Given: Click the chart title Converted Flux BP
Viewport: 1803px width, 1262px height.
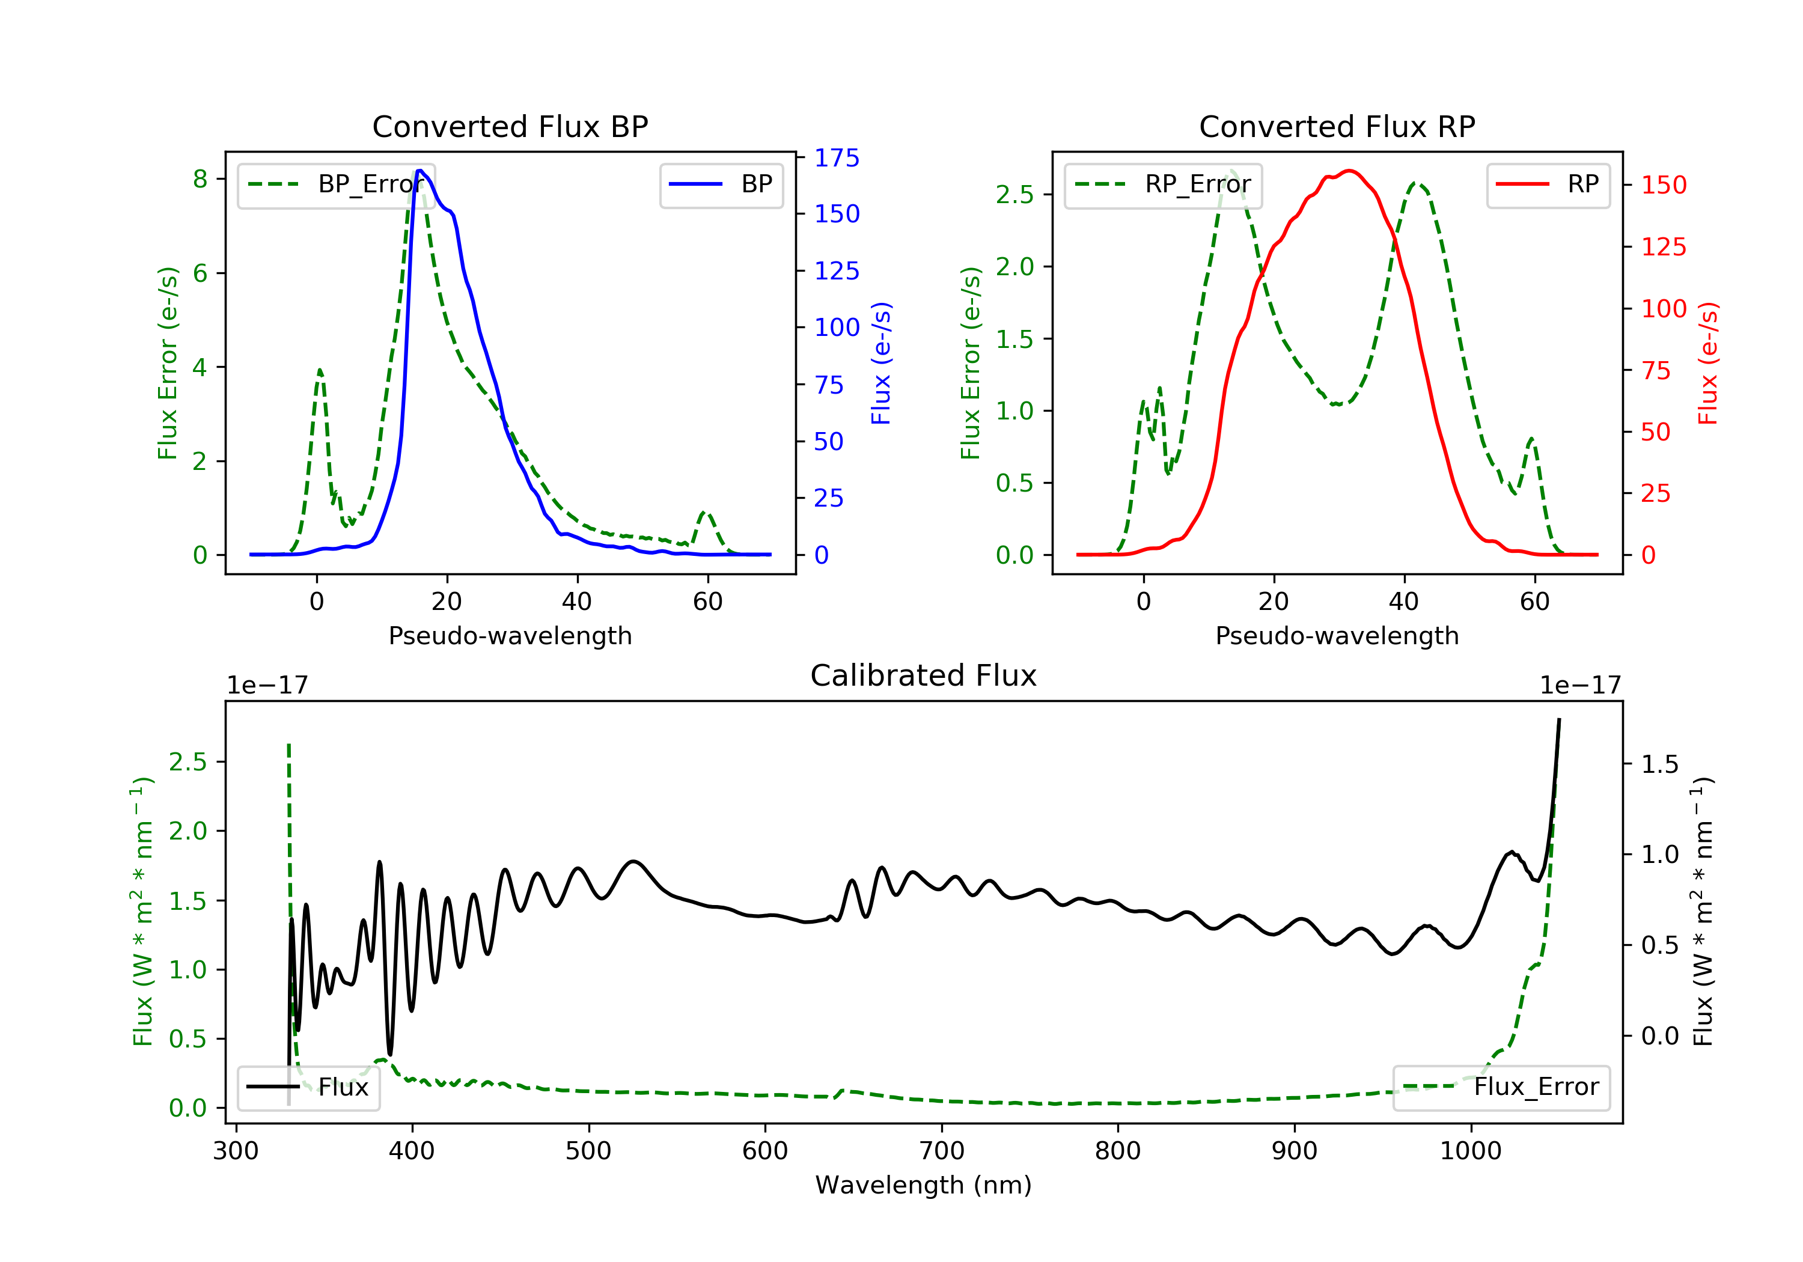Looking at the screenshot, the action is pyautogui.click(x=510, y=126).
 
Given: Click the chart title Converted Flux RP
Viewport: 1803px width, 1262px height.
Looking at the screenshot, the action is pyautogui.click(x=1337, y=126).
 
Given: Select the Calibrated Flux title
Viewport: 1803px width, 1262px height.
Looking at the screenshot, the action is pyautogui.click(x=924, y=675).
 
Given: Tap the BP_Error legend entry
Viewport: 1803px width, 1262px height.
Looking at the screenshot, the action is pyautogui.click(x=336, y=184).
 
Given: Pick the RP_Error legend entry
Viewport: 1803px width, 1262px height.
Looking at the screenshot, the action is pyautogui.click(x=1163, y=184).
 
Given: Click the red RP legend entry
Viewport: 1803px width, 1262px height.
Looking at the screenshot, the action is pyautogui.click(x=1548, y=184).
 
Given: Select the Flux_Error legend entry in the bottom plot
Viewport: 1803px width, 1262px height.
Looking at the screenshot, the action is pyautogui.click(x=1501, y=1087).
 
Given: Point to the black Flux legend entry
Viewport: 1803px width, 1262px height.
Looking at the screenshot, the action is pyautogui.click(x=308, y=1087).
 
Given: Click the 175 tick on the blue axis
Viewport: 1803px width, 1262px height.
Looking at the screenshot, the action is pyautogui.click(x=837, y=158).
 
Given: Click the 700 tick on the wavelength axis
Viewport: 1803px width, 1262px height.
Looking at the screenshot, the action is pyautogui.click(x=942, y=1151).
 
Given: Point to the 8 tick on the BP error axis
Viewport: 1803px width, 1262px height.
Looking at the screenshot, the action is pyautogui.click(x=200, y=179).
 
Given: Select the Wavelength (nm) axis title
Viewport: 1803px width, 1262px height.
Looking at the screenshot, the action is pyautogui.click(x=924, y=1185).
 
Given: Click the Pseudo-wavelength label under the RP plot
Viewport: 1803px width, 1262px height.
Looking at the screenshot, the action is pyautogui.click(x=1337, y=635).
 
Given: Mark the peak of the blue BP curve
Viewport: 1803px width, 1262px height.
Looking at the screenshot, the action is pyautogui.click(x=420, y=171).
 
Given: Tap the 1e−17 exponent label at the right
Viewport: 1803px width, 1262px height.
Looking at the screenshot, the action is pyautogui.click(x=1580, y=686).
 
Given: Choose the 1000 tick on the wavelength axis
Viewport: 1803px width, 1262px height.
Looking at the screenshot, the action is pyautogui.click(x=1471, y=1151).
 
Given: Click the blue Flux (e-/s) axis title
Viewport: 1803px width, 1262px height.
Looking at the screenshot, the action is pyautogui.click(x=881, y=364).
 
